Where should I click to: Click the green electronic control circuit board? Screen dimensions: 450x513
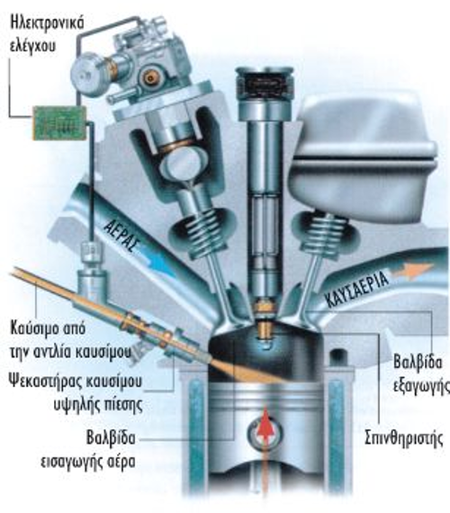(60, 122)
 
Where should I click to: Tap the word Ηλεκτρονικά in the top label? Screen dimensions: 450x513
(47, 22)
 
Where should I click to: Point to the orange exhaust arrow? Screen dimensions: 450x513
(413, 271)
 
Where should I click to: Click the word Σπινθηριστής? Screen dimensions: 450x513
(404, 438)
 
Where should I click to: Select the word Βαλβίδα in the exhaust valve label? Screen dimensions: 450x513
(418, 362)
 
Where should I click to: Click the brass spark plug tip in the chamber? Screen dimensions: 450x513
(265, 330)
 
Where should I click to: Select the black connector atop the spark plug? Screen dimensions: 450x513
(265, 83)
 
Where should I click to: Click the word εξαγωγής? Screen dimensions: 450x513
(421, 386)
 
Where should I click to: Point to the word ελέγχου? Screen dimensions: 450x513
(32, 46)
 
